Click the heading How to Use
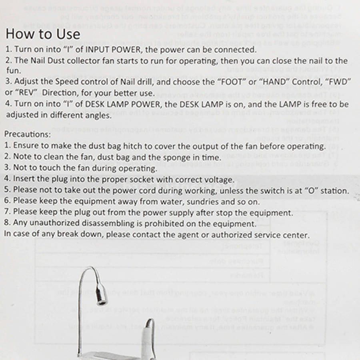pos(43,34)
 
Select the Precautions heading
pos(28,135)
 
